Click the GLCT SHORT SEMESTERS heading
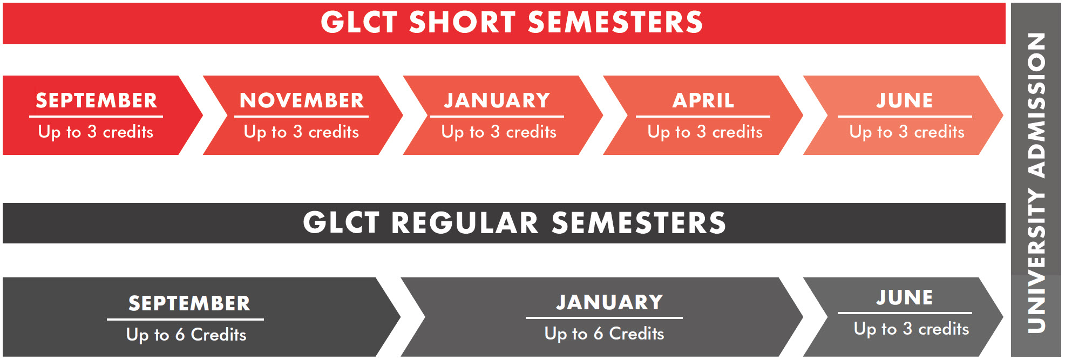(x=511, y=23)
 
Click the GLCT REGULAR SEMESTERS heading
(x=514, y=223)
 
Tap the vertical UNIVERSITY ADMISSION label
(x=1036, y=182)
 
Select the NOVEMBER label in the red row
(x=302, y=100)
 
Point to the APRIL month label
(x=703, y=100)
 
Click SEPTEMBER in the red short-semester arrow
(x=96, y=100)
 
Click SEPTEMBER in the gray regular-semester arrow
(x=189, y=303)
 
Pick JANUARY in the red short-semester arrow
(x=497, y=100)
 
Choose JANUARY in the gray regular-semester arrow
(x=609, y=302)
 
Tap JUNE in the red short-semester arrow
(x=904, y=100)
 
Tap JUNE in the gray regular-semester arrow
(x=904, y=297)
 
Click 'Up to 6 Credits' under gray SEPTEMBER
(x=186, y=335)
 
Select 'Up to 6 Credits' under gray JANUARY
(x=604, y=334)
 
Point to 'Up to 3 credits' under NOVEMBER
(x=301, y=132)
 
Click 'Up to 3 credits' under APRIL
(x=705, y=132)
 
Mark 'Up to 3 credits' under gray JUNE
(x=911, y=329)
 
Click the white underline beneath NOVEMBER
(x=301, y=116)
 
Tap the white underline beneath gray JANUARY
(x=604, y=318)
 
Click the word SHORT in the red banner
(x=462, y=23)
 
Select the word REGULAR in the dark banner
(x=464, y=223)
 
